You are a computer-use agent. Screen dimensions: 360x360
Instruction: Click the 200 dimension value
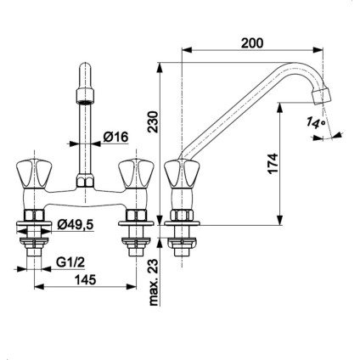tap(252, 39)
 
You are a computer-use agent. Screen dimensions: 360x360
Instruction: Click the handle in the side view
tap(182, 176)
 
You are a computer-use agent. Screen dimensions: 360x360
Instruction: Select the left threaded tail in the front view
tap(34, 246)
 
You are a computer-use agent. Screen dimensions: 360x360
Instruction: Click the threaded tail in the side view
tap(182, 246)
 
